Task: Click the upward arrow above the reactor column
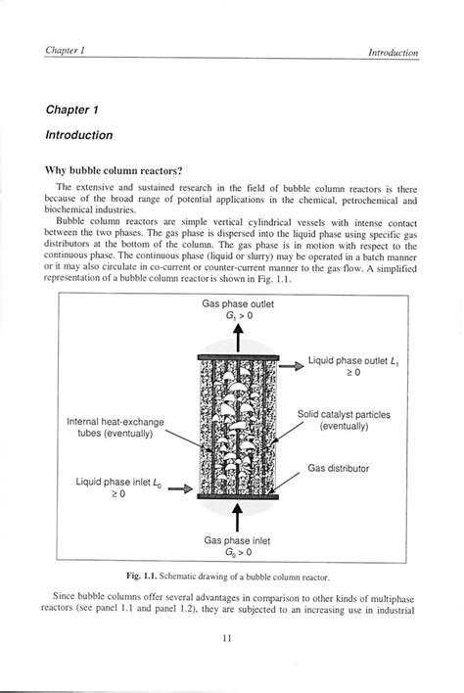coord(237,339)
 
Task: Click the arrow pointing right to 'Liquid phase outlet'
coord(292,366)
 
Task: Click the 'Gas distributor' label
coord(339,469)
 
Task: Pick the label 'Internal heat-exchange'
coord(116,422)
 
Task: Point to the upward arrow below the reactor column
coord(237,516)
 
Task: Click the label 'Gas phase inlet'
coord(237,540)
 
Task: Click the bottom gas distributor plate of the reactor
coord(238,496)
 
